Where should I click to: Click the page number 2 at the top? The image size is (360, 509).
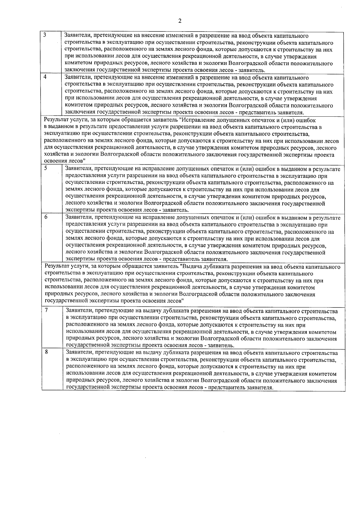point(180,21)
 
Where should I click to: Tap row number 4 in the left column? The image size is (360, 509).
point(45,77)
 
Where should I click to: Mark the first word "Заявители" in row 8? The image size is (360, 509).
point(78,353)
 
